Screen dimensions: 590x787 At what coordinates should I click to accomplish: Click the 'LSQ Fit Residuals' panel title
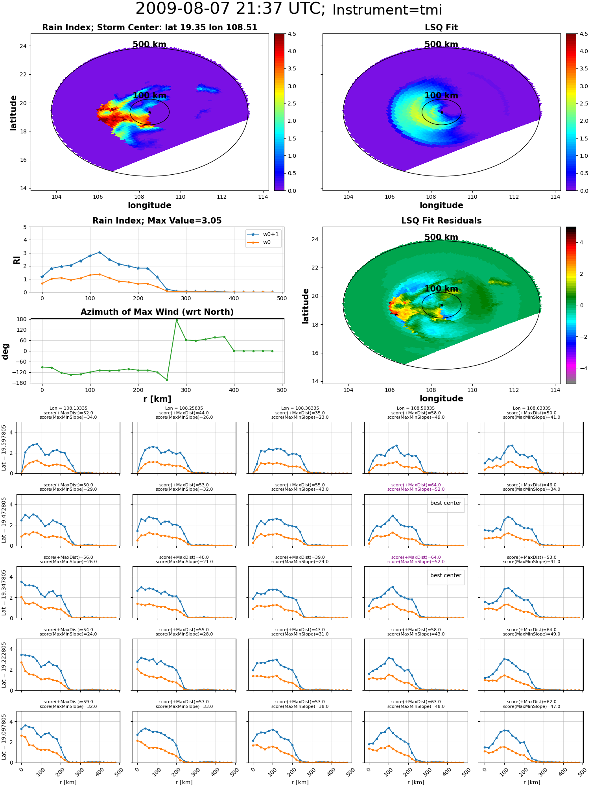click(441, 221)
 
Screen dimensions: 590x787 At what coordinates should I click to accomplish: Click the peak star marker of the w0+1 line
click(100, 252)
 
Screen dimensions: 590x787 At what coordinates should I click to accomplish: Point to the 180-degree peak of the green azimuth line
click(177, 320)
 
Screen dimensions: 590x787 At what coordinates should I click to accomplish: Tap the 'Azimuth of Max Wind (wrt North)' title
click(157, 312)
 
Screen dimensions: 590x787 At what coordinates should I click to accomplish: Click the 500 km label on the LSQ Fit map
click(441, 44)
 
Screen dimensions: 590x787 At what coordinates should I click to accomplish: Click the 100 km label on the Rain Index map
click(149, 96)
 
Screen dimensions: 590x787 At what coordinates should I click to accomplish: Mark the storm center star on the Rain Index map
click(149, 112)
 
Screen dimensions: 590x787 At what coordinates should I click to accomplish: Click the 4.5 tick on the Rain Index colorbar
click(292, 34)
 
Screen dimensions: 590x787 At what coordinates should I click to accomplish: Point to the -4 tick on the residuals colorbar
click(581, 368)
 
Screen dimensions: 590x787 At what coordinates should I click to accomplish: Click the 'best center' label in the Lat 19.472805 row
click(446, 503)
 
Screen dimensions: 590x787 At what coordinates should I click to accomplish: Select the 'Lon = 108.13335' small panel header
click(68, 408)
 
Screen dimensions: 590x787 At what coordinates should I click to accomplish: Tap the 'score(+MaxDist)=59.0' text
click(68, 702)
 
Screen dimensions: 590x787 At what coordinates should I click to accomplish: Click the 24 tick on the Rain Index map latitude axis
click(24, 46)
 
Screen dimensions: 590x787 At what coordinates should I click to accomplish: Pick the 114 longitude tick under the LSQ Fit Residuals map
click(555, 390)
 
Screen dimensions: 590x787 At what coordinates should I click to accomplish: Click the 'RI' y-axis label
click(17, 260)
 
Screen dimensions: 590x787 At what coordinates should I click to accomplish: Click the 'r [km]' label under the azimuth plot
click(157, 399)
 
